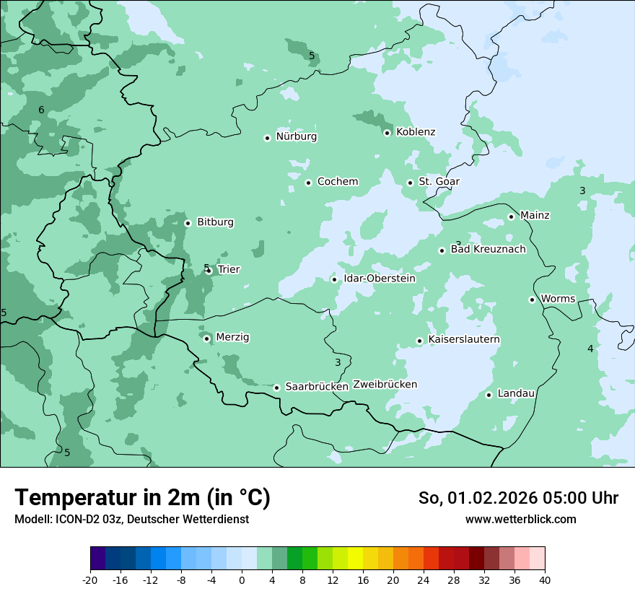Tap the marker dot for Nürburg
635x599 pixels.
(267, 138)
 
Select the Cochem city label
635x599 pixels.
(337, 182)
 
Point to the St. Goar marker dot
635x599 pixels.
(410, 183)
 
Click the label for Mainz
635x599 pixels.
(535, 216)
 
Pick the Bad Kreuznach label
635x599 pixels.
(488, 250)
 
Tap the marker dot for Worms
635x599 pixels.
(532, 299)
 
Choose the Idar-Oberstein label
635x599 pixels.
(380, 279)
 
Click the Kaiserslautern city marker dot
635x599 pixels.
(419, 341)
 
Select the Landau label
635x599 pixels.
(516, 394)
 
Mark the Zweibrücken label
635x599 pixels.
(385, 385)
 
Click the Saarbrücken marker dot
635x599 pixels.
(276, 388)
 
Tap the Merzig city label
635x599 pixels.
(232, 338)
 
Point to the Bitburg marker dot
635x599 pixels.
(188, 223)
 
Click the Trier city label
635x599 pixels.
(228, 270)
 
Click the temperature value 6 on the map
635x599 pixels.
(41, 110)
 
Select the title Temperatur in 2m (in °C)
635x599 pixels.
(142, 498)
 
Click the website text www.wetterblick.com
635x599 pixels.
(520, 520)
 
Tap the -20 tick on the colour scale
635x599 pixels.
(90, 580)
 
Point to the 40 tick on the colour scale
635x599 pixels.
(545, 580)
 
